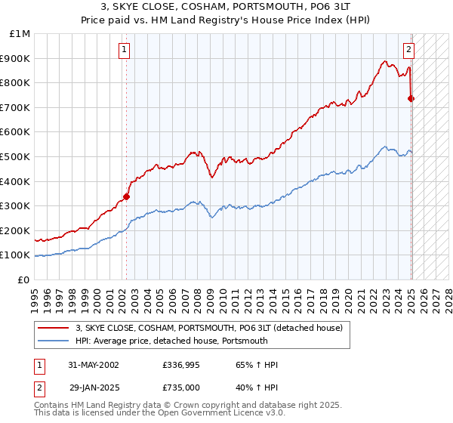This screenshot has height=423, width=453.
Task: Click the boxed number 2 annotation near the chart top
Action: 408,50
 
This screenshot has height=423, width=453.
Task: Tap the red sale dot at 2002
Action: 126,197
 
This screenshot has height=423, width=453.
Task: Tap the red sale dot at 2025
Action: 411,98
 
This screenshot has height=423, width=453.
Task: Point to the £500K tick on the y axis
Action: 17,156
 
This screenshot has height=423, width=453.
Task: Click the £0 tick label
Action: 24,279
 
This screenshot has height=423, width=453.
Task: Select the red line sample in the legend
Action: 54,328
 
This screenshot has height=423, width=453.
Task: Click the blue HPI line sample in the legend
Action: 54,341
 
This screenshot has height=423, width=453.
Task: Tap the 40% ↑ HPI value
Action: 257,387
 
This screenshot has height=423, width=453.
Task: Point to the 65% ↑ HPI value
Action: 257,365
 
